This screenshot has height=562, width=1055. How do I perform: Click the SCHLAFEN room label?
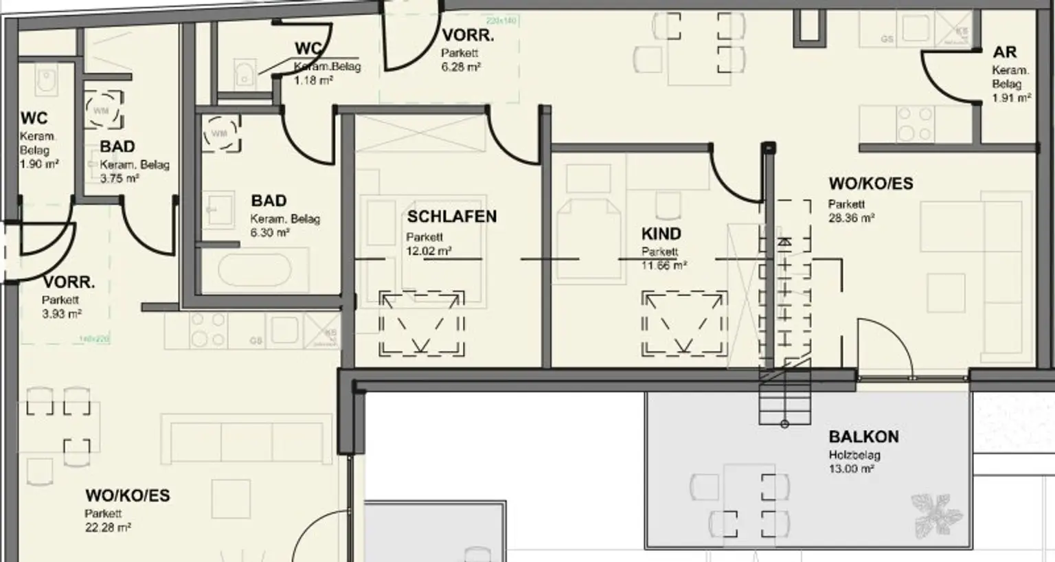451,216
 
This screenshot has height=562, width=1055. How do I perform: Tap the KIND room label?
661,234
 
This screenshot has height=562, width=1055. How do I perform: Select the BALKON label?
863,437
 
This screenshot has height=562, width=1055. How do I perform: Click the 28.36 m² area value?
851,218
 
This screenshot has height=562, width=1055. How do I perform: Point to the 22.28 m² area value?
108,528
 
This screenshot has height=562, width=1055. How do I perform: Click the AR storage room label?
1004,52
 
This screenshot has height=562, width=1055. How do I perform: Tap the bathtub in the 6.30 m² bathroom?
254,270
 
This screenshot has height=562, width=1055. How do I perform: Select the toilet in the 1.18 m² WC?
244,73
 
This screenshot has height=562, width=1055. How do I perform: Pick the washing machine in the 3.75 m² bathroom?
103,110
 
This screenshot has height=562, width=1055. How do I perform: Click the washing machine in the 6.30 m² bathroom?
221,133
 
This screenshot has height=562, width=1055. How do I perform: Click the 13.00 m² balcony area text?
851,469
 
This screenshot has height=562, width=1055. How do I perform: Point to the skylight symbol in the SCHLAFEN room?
422,323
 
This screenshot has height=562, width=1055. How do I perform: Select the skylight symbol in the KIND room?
684,324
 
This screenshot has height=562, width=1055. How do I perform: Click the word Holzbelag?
854,455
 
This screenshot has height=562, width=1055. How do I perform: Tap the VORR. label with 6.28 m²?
468,35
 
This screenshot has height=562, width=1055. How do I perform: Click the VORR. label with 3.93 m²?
69,282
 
